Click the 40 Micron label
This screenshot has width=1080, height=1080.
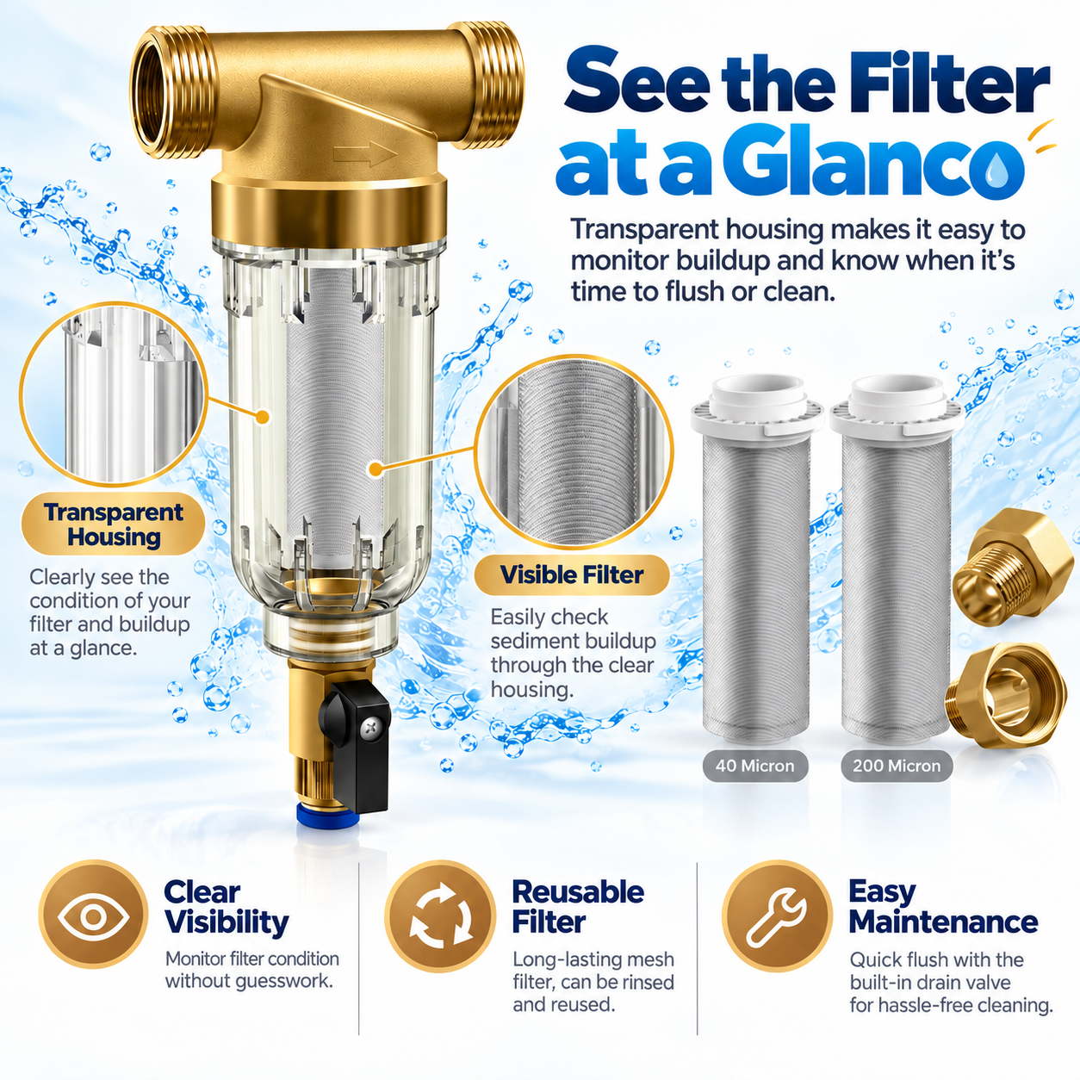755,766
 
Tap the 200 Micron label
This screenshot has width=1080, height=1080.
897,766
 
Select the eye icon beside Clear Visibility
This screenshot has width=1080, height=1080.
94,917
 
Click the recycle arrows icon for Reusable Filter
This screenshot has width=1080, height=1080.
440,917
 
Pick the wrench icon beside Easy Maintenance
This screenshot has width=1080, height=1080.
776,917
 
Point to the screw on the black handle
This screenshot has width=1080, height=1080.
370,728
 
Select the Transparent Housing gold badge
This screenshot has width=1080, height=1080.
113,524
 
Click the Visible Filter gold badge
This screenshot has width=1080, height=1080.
572,574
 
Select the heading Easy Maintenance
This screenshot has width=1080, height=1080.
943,907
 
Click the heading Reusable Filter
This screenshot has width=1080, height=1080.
578,907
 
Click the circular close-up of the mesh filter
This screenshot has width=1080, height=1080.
574,453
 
